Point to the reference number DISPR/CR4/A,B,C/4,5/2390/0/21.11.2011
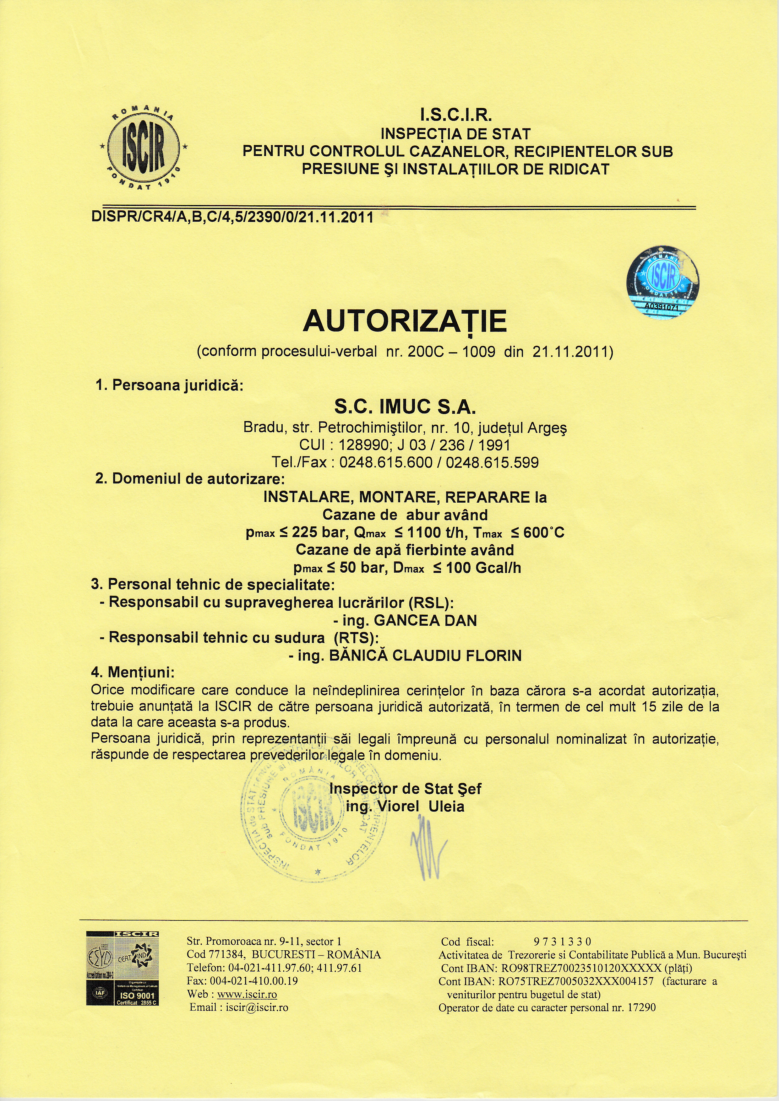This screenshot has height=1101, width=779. coord(232,218)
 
